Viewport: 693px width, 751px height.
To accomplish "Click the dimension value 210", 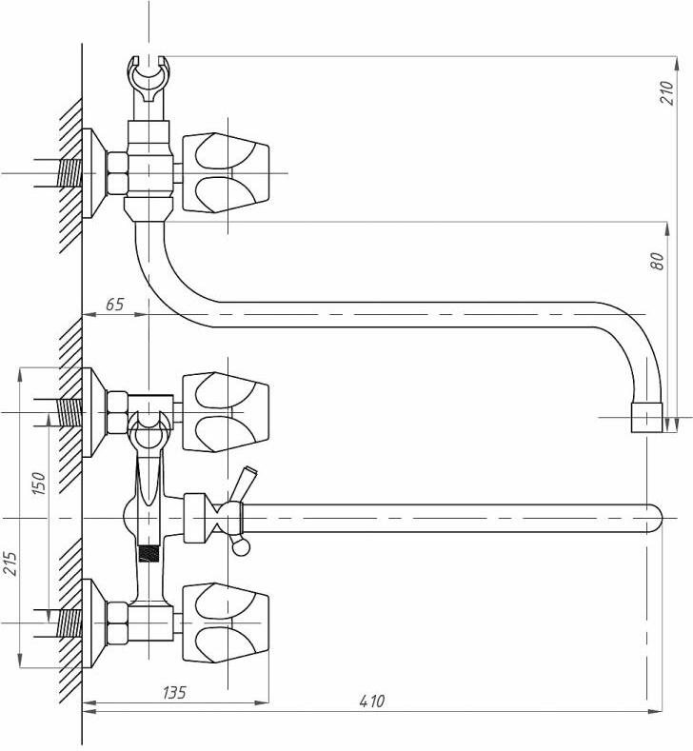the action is click(666, 92).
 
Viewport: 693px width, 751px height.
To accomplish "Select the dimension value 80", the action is click(659, 261).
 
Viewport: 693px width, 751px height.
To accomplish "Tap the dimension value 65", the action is click(114, 305).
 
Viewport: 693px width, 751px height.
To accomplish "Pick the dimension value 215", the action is click(10, 563).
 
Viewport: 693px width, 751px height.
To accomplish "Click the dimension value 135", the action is click(174, 693).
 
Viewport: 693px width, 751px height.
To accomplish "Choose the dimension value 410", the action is click(371, 702).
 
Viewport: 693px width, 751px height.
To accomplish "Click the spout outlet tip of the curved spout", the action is click(646, 418).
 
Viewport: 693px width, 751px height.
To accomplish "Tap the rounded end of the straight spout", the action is click(655, 519).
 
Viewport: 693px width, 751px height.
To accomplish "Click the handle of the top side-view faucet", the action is click(226, 172).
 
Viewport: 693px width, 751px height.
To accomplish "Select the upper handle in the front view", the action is click(226, 411).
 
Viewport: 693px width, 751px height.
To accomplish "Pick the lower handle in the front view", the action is click(226, 623).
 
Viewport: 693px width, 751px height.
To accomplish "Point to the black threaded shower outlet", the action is click(148, 553).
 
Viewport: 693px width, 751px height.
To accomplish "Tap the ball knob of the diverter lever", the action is click(240, 546).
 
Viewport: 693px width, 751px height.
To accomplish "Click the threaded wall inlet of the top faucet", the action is click(69, 173).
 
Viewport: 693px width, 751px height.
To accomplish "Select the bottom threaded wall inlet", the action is click(69, 623).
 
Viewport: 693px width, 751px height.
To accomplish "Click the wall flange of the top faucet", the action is click(93, 173).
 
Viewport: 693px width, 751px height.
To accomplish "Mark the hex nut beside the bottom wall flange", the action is click(117, 623).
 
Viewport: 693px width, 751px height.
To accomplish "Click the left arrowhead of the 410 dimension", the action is click(89, 712).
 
